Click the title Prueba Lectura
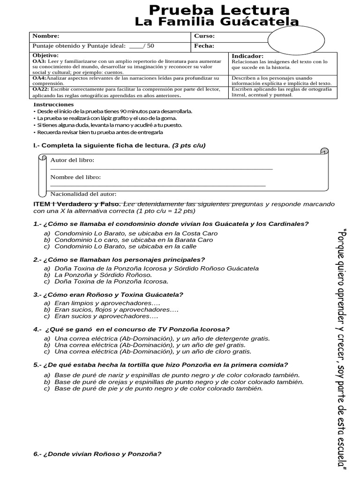click(219, 10)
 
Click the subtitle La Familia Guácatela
click(216, 22)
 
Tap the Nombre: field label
click(45, 36)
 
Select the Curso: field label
click(204, 36)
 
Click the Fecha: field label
click(204, 46)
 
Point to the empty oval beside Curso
click(296, 40)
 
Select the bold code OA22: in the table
click(40, 89)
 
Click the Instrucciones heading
click(54, 104)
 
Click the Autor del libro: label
click(72, 160)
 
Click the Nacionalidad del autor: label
click(83, 194)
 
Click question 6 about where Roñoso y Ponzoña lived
click(97, 454)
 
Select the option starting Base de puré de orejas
click(176, 382)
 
